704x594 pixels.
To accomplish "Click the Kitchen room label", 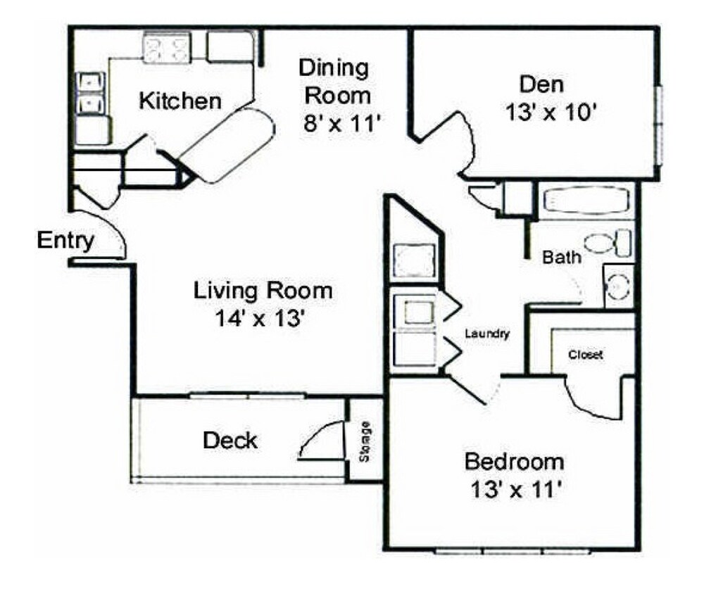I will (180, 101).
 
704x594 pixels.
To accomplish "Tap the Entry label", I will (65, 241).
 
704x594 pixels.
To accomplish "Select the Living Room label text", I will (263, 290).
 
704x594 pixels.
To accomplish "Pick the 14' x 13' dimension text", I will (260, 318).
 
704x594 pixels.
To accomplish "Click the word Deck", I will (230, 441).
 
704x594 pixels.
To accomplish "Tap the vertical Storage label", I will (365, 441).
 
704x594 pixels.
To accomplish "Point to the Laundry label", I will (486, 334).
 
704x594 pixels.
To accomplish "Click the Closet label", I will (586, 355).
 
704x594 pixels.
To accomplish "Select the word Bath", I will (562, 258).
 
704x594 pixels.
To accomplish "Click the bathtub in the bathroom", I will (586, 200).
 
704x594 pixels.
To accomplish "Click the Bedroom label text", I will (515, 462).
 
